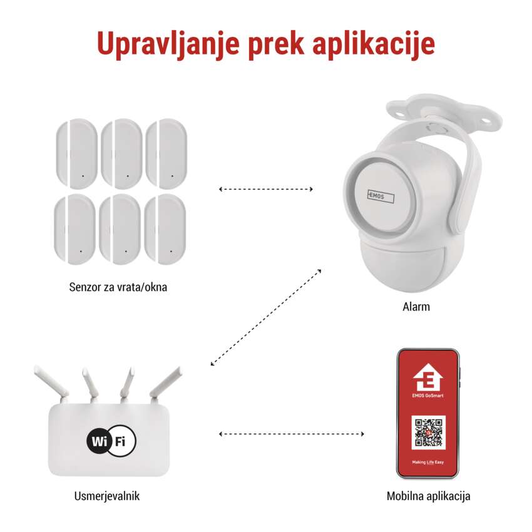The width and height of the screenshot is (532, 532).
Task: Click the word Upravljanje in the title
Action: coord(168,44)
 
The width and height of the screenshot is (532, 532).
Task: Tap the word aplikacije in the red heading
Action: coord(374,44)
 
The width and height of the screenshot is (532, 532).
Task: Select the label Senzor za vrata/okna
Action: coord(118,287)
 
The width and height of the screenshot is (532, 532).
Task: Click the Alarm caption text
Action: coord(416,307)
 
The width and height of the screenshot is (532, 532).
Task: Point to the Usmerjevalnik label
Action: coord(107,496)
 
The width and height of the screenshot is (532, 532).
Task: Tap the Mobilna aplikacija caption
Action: coord(429,496)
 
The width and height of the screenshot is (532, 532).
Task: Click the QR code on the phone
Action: coord(429,432)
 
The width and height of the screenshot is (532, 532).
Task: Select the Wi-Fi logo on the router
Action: coord(111,441)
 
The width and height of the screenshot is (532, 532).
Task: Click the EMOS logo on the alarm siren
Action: coord(381,197)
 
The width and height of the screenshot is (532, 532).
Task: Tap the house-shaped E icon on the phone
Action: coord(428,377)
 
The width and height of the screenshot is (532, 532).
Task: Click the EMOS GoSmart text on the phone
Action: coord(428,396)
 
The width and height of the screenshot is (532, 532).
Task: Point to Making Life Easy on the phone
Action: coord(428,462)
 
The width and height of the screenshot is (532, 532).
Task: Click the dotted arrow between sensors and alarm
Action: coord(266,189)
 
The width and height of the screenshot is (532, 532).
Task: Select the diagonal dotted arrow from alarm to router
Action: coord(266,317)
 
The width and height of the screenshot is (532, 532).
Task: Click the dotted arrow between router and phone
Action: coord(292,434)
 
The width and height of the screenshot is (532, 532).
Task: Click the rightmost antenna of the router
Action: coord(166,382)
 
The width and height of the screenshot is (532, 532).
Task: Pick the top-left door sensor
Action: coord(77,154)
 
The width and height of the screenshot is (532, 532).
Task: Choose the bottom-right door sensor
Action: coord(165,229)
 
